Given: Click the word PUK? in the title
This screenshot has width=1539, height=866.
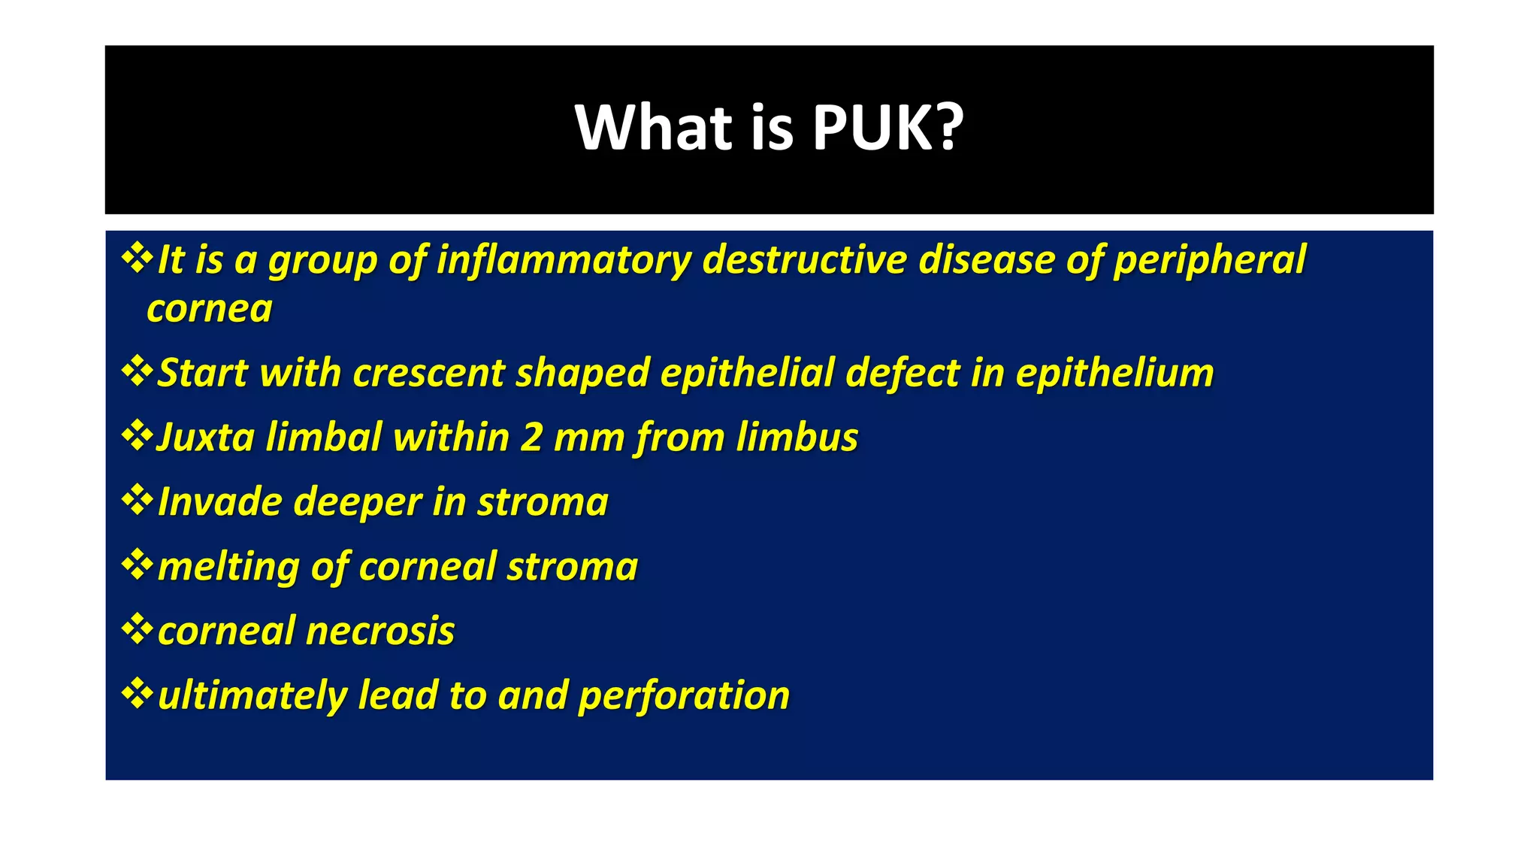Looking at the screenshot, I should point(887,128).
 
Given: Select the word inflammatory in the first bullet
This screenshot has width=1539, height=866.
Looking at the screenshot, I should point(564,260).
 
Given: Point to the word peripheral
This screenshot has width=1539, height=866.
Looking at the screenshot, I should point(1209,260).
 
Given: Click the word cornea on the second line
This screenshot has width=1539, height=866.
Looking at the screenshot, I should point(210,309).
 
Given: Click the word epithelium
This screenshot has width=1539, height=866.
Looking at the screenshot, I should point(1114,373).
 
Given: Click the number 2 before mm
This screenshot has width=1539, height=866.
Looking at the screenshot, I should point(531,438).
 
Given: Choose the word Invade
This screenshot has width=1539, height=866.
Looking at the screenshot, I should point(220,502).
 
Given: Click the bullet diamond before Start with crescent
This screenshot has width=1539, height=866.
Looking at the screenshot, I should point(137,371).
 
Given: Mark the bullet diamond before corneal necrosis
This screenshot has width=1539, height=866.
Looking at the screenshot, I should point(137,629).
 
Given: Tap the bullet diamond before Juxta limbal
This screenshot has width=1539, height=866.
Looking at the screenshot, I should point(137,436).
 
